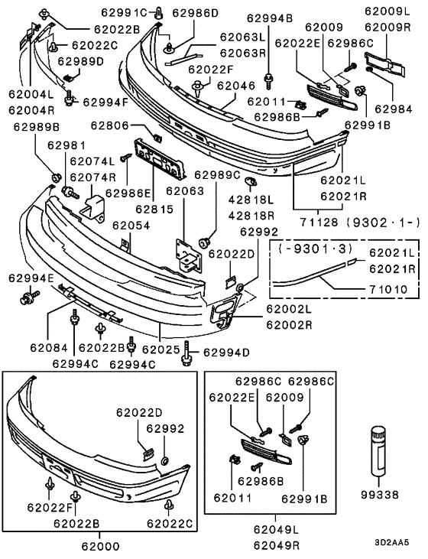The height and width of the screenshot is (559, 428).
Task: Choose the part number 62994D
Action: tap(225, 353)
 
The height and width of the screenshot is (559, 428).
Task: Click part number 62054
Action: tap(132, 226)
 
